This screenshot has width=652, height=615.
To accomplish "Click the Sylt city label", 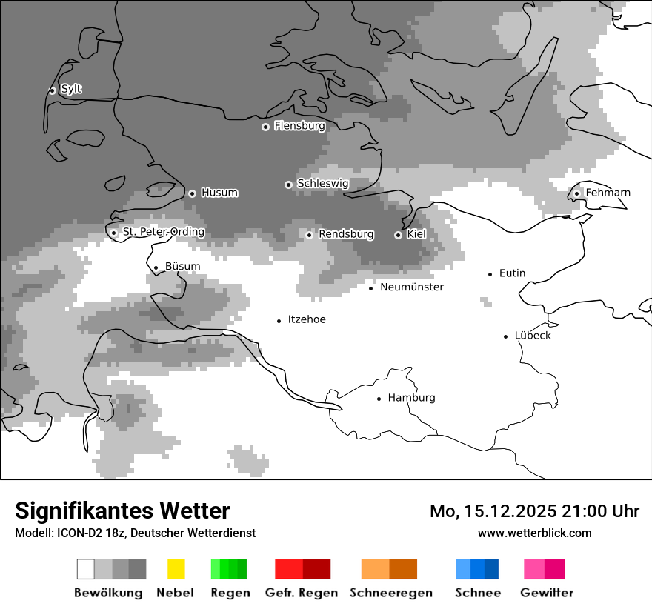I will pyautogui.click(x=71, y=89).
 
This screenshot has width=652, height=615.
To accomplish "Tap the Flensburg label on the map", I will pyautogui.click(x=299, y=126).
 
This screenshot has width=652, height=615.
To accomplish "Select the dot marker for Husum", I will pyautogui.click(x=192, y=193).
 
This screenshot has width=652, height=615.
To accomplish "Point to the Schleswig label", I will pyautogui.click(x=322, y=183).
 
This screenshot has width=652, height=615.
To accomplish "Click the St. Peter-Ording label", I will pyautogui.click(x=163, y=232).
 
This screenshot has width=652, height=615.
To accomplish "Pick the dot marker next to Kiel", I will pyautogui.click(x=398, y=235).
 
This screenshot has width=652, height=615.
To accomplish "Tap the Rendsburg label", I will pyautogui.click(x=346, y=234).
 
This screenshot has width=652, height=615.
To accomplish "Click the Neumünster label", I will pyautogui.click(x=411, y=287).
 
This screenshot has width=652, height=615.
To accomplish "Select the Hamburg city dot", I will pyautogui.click(x=379, y=399).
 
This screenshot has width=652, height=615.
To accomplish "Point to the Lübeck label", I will pyautogui.click(x=533, y=336).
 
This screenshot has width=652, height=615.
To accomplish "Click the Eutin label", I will pyautogui.click(x=512, y=273).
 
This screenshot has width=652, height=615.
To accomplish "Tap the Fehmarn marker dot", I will pyautogui.click(x=576, y=193).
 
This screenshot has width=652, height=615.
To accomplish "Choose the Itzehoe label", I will pyautogui.click(x=307, y=319).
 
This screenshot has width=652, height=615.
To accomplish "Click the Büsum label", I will pyautogui.click(x=182, y=267).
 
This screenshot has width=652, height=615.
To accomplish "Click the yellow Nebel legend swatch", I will pyautogui.click(x=176, y=569).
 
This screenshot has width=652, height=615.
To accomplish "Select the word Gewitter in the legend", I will pyautogui.click(x=547, y=593).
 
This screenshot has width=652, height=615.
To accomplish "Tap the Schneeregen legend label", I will pyautogui.click(x=391, y=593).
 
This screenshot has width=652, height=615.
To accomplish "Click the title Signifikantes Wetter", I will pyautogui.click(x=122, y=511).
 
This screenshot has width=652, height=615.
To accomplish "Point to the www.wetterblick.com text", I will pyautogui.click(x=534, y=533).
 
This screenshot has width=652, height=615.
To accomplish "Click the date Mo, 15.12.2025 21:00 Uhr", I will pyautogui.click(x=534, y=511).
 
